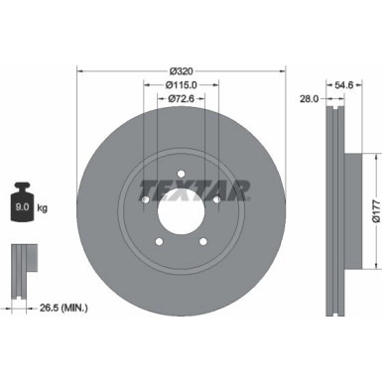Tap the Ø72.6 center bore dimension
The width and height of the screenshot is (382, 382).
(x=181, y=98)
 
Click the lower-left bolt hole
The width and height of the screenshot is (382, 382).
(x=159, y=242)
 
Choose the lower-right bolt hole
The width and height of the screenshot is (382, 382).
(x=203, y=242)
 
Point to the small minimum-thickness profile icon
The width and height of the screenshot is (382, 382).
(x=21, y=262)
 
